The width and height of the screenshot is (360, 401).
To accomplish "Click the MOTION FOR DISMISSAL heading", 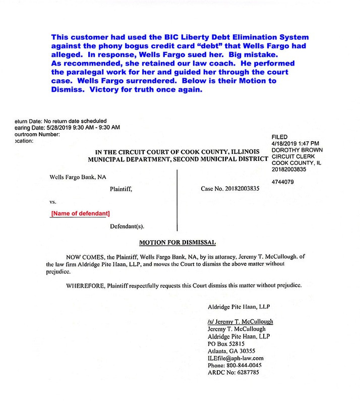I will (x=179, y=243).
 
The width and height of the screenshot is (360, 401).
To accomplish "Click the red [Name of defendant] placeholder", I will (x=81, y=214).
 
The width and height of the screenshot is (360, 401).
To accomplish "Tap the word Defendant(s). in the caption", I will (x=131, y=227).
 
